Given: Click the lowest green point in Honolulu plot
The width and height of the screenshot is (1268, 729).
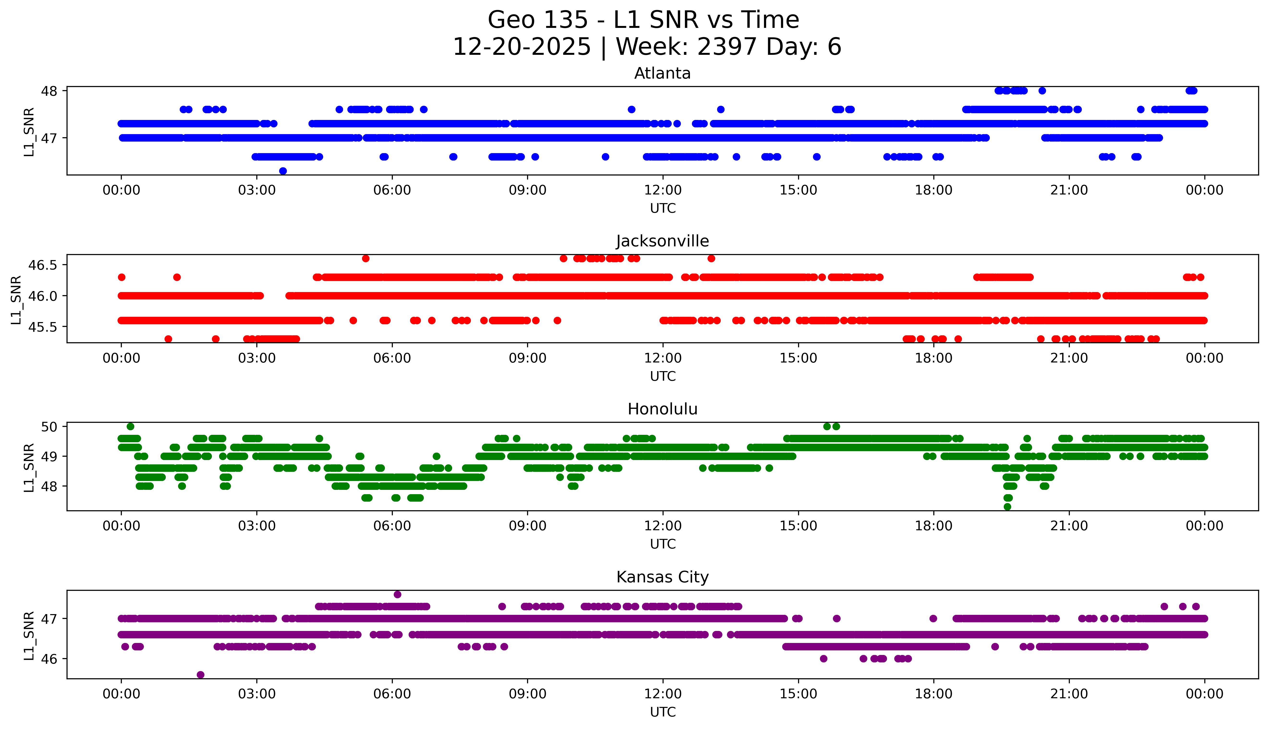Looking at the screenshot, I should [1007, 507].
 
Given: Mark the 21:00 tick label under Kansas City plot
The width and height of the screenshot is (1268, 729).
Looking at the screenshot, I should [1069, 694].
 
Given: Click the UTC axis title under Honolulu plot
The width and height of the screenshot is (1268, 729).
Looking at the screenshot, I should [663, 544].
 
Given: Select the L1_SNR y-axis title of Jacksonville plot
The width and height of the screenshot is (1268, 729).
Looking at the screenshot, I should [16, 299].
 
